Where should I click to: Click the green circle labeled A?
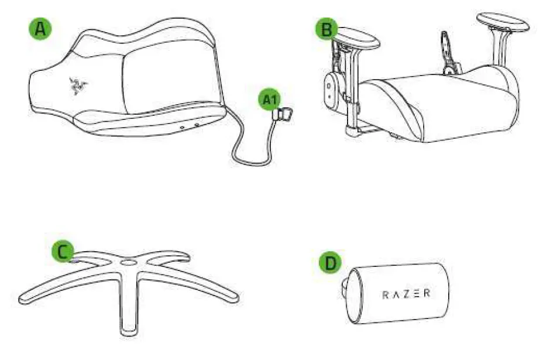tap(40, 29)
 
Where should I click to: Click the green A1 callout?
tap(268, 100)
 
